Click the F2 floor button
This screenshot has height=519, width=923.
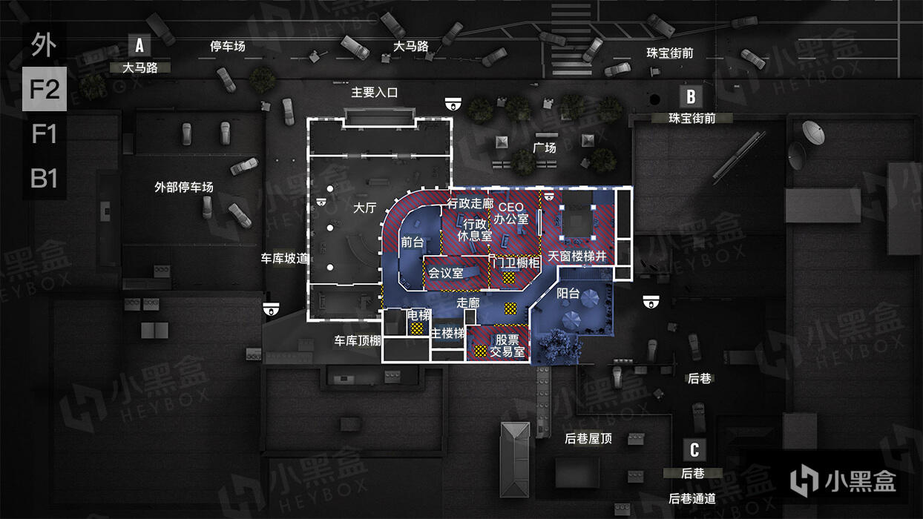(x=44, y=90)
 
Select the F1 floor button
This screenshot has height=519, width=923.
(x=44, y=134)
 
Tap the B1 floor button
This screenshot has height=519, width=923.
(x=44, y=179)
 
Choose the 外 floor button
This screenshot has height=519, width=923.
(x=44, y=45)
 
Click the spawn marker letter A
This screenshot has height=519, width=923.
(x=139, y=46)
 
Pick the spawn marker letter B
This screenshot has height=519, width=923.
(x=691, y=96)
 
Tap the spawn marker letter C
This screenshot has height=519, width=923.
(x=694, y=450)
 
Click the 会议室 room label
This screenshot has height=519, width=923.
(x=445, y=273)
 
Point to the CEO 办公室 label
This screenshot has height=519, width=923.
(x=510, y=213)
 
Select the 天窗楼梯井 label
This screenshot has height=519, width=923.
(x=577, y=257)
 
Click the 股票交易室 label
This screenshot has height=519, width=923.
(x=508, y=346)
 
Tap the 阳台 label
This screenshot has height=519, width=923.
(x=568, y=293)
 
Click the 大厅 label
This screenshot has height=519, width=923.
(x=364, y=208)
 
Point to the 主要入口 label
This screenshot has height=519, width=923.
(x=375, y=93)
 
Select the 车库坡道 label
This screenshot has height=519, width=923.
(x=284, y=259)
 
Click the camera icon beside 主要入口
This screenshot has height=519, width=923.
(x=453, y=103)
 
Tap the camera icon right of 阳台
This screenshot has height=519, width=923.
(x=651, y=301)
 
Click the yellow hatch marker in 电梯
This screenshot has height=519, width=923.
(x=418, y=328)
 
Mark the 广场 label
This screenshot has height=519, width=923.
(x=545, y=148)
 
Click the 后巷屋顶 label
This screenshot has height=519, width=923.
(x=588, y=438)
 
